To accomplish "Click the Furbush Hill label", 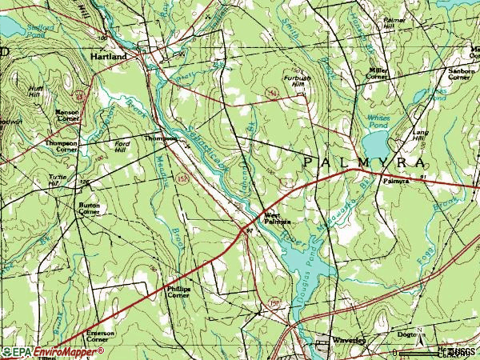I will [x=295, y=81].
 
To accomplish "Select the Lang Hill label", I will [x=419, y=135].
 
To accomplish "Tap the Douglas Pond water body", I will [x=305, y=260].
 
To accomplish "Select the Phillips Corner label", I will [x=178, y=292].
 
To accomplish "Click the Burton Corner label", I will [x=88, y=210].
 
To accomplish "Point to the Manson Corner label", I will [x=66, y=116].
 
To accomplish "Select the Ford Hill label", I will [x=122, y=146].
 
